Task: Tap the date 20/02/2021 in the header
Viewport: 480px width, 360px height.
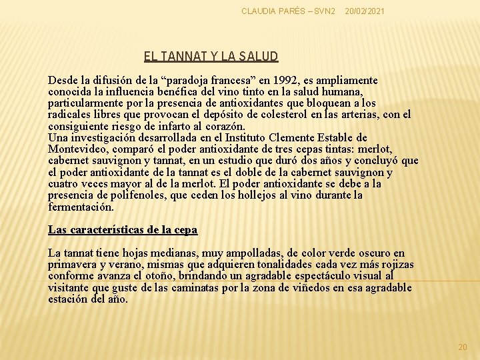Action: pyautogui.click(x=365, y=12)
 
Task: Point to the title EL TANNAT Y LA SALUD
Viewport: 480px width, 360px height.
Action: pyautogui.click(x=211, y=57)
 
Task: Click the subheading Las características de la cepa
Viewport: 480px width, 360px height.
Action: pyautogui.click(x=123, y=230)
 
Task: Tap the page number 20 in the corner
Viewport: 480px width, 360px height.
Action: pyautogui.click(x=463, y=347)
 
